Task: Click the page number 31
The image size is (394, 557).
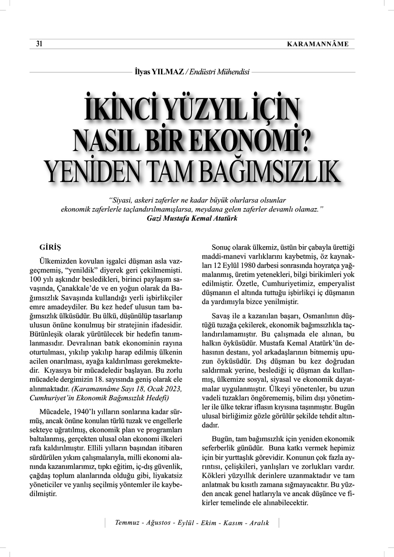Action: coord(40,44)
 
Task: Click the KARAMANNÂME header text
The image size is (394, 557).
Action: coord(318,44)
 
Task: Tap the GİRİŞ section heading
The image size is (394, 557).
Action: coord(50,247)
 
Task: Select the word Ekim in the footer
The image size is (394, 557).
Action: coord(206,523)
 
